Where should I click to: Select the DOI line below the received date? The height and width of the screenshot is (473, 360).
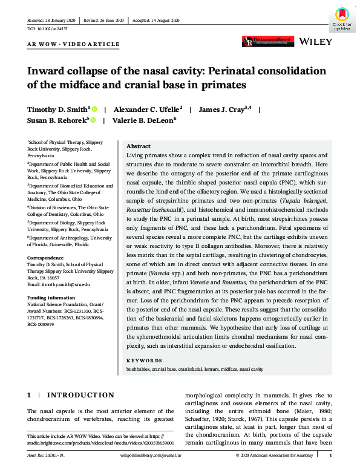(x=46, y=28)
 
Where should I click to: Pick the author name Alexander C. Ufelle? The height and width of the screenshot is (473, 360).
(x=149, y=109)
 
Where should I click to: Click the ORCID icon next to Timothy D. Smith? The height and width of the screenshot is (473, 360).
(x=96, y=109)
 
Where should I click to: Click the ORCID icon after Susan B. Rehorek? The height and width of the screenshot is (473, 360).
(x=94, y=120)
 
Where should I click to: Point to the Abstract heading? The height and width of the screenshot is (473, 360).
(x=139, y=147)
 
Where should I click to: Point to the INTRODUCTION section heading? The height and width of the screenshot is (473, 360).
(x=76, y=395)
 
